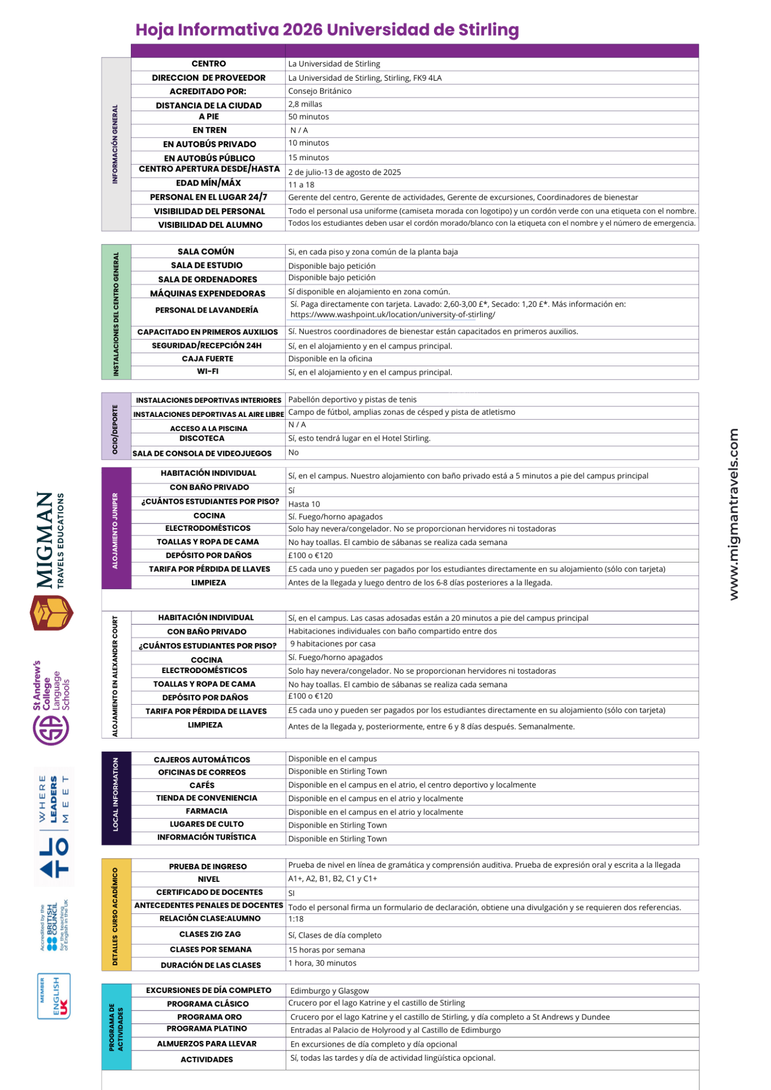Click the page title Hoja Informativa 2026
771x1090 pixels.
[x=327, y=30]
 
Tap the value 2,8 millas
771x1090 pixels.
[x=305, y=104]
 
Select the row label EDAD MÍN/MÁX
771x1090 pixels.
[x=208, y=183]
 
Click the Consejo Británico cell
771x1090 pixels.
[x=319, y=91]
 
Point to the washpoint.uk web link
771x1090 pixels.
[x=393, y=315]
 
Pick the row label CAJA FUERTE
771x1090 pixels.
[x=207, y=359]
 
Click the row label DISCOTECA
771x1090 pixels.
[x=202, y=438]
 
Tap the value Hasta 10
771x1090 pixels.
[x=304, y=504]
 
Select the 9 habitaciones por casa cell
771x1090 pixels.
[x=332, y=644]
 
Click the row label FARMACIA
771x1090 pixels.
[x=207, y=811]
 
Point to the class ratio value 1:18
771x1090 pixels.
[x=296, y=919]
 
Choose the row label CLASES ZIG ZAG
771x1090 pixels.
[x=210, y=934]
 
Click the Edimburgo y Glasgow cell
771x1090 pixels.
[x=329, y=991]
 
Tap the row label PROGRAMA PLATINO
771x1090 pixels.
[x=207, y=1029]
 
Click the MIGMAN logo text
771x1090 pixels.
[x=45, y=540]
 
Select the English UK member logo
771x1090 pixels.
[x=54, y=996]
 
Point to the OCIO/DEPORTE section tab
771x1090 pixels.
[x=116, y=426]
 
